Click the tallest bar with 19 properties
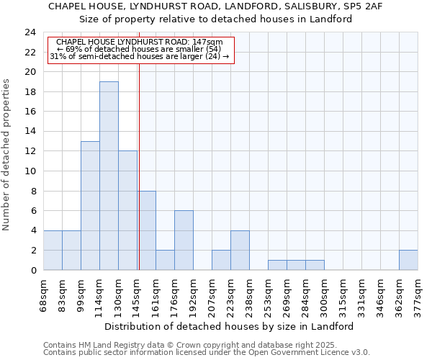click(x=109, y=176)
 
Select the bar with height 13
click(x=90, y=205)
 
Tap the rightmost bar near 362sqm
click(x=408, y=260)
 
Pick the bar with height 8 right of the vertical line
click(x=147, y=230)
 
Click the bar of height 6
click(x=184, y=240)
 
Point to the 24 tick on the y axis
click(x=30, y=32)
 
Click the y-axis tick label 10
click(x=30, y=171)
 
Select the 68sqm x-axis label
click(x=44, y=294)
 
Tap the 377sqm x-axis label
click(x=418, y=296)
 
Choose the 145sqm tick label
click(x=138, y=296)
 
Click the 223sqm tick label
click(x=231, y=296)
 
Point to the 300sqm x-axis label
click(x=325, y=296)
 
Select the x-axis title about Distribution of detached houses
click(x=229, y=326)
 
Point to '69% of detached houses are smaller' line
click(x=141, y=49)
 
